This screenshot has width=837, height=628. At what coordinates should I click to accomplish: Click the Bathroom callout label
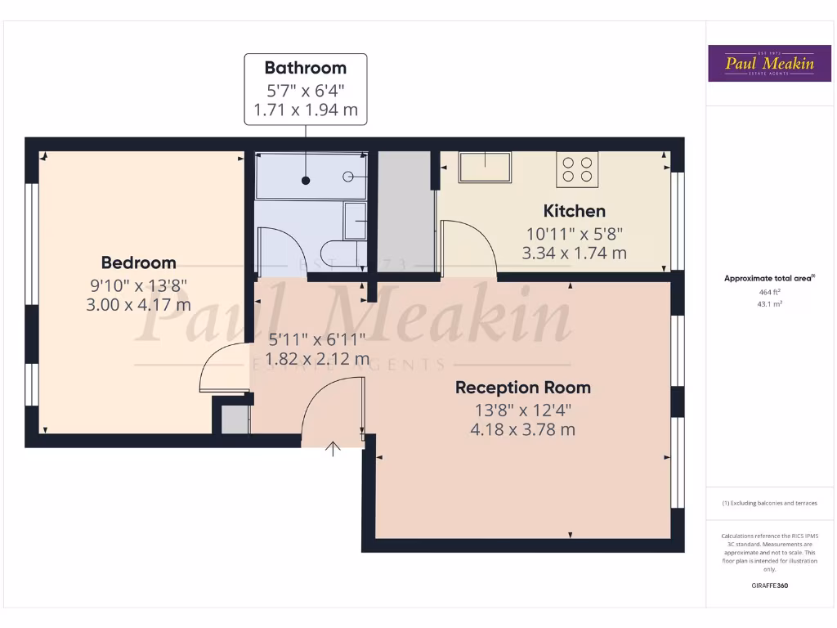[x=306, y=68]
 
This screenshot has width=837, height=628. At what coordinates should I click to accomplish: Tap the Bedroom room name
[x=138, y=262]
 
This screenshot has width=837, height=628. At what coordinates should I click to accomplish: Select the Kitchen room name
[x=575, y=211]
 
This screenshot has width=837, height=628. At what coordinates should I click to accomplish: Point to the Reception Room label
[x=523, y=388]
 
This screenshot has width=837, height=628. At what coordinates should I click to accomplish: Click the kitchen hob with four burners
[x=577, y=169]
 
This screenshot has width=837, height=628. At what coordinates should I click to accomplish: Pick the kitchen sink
[x=485, y=167]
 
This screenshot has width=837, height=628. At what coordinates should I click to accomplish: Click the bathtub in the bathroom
[x=311, y=176]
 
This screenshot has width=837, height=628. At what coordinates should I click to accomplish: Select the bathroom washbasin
[x=355, y=221]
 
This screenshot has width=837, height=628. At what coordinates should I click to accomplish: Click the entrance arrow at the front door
[x=333, y=449]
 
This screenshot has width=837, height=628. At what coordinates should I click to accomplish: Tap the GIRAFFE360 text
[x=769, y=585]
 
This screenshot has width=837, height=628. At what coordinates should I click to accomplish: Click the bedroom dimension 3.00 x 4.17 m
[x=138, y=304]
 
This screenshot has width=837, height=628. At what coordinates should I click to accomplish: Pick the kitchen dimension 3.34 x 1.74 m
[x=575, y=253]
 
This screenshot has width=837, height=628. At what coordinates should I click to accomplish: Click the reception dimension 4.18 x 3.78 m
[x=523, y=429]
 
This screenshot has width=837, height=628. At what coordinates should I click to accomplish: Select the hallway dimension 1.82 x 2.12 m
[x=318, y=359]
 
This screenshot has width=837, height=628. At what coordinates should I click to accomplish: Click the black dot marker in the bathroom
[x=306, y=180]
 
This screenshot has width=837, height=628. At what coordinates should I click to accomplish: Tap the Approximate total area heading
[x=769, y=278]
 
